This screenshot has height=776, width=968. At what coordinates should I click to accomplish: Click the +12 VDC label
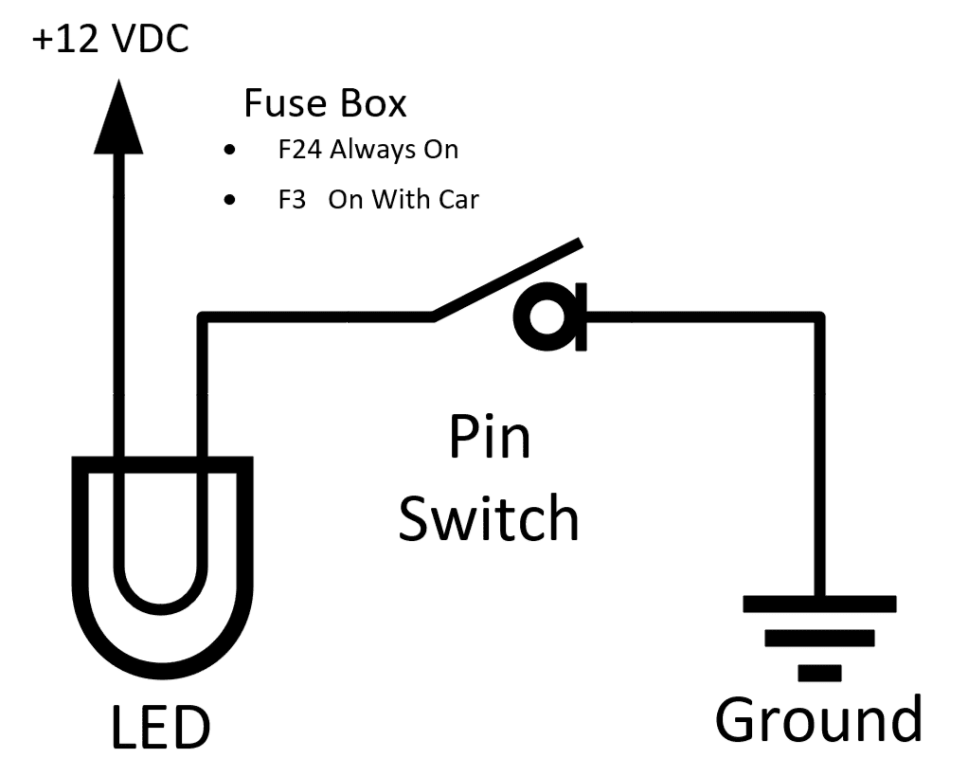coord(111,40)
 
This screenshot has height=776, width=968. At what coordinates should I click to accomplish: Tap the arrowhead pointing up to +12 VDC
coord(118,118)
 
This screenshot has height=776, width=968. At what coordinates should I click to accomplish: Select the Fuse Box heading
coord(325,103)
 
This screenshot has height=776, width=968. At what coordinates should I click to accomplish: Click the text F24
coord(293,150)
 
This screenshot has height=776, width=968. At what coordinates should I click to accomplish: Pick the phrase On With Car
coord(403,200)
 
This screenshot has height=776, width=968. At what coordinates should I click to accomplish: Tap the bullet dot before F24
coord(228,151)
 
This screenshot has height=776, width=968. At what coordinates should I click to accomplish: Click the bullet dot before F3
coord(228,201)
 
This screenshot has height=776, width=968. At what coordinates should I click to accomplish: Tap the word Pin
coord(489,440)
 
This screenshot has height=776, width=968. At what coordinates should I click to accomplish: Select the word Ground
coord(818,721)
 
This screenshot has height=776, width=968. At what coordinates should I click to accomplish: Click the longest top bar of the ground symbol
coord(820,604)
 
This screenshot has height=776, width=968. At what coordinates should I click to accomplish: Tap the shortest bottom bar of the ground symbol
coord(820,673)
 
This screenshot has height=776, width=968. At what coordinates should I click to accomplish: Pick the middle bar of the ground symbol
coord(820,638)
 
